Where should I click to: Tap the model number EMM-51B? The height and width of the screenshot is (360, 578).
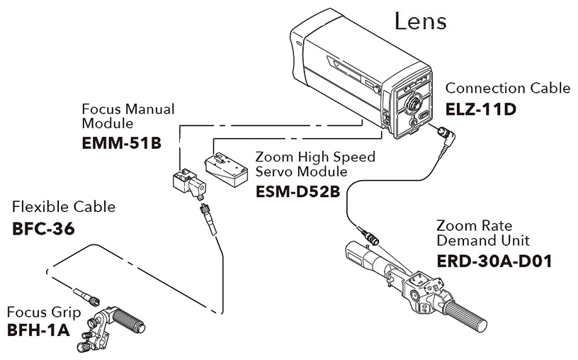point(122,143)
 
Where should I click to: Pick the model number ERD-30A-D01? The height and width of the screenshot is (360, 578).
point(494,260)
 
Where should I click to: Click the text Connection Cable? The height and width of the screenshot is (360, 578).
point(507,89)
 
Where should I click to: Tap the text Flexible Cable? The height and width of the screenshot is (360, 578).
point(64,208)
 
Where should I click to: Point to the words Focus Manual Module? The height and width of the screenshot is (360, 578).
point(128,116)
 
